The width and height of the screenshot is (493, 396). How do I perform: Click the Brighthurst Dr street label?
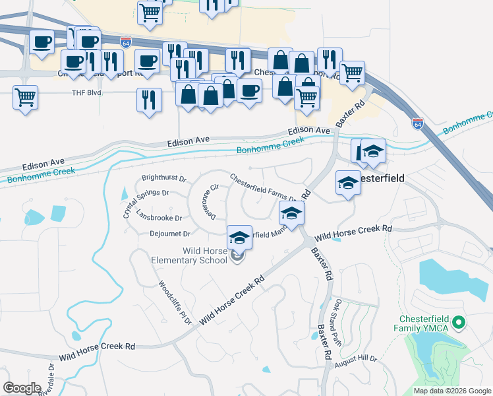pyautogui.click(x=165, y=179)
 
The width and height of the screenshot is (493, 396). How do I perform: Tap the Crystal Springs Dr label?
pyautogui.click(x=146, y=199)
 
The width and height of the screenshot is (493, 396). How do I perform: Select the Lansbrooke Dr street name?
pyautogui.click(x=159, y=216)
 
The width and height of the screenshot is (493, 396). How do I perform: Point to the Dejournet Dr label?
pyautogui.click(x=170, y=234)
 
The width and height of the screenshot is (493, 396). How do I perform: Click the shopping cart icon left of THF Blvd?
pyautogui.click(x=25, y=98)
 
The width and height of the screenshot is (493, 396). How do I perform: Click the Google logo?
pyautogui.click(x=22, y=388)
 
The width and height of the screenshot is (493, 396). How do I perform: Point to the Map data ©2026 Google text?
pyautogui.click(x=451, y=391)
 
